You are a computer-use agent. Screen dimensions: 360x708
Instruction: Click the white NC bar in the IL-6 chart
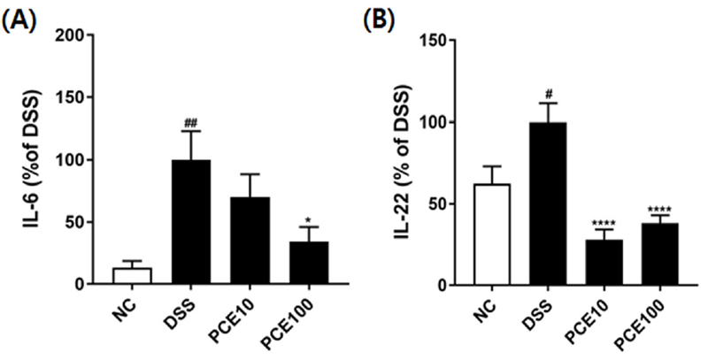(x=132, y=276)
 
